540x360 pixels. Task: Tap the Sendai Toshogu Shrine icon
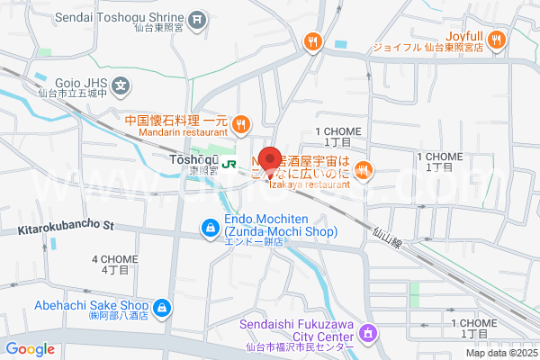(x=199, y=18)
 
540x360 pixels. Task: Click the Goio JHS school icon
(x=122, y=86)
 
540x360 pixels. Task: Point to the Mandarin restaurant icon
(x=240, y=124)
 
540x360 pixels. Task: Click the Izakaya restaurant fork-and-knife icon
(x=363, y=168)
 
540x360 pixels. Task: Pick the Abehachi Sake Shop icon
(x=161, y=311)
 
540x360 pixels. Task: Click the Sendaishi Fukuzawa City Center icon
(x=367, y=334)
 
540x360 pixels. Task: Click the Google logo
(x=30, y=349)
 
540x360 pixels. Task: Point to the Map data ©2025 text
(x=500, y=352)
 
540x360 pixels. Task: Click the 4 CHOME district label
(x=115, y=265)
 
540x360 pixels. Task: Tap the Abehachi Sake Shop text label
(x=91, y=305)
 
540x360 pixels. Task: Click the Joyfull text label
(x=463, y=31)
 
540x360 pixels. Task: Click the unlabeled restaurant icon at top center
(x=313, y=40)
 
